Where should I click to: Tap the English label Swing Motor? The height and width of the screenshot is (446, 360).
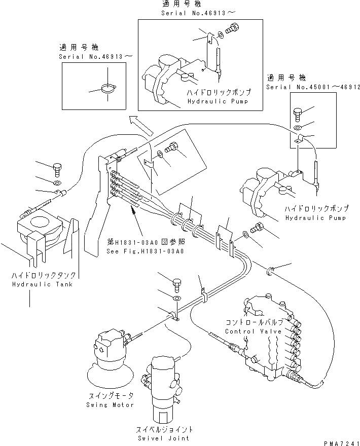110,404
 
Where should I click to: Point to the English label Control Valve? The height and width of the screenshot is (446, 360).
246,331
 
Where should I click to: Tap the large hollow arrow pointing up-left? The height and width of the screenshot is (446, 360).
139,124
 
